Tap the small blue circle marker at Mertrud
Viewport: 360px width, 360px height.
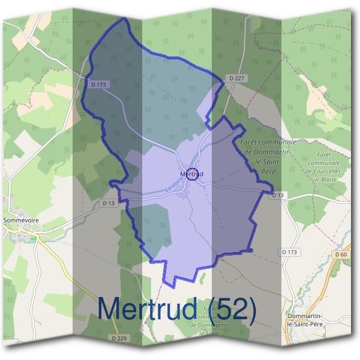192,174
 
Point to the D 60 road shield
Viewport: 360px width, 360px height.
341,254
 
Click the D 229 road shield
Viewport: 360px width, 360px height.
119,338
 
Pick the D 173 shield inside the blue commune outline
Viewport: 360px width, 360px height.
98,85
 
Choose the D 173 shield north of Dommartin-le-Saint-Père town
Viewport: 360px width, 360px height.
289,252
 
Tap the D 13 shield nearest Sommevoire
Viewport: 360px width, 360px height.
108,203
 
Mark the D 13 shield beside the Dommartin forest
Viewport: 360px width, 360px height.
277,195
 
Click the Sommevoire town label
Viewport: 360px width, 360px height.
21,220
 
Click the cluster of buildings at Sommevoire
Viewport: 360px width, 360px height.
24,231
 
